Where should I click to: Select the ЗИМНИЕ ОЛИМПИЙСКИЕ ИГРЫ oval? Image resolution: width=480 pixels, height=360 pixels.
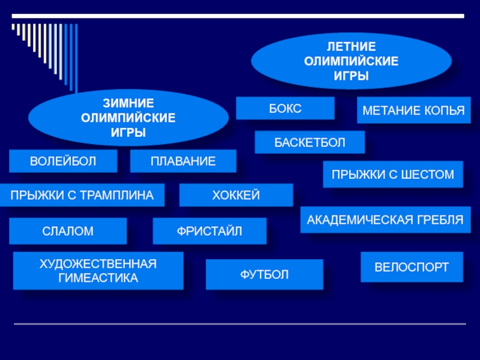click(x=128, y=118)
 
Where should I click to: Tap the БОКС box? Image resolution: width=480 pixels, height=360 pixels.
click(x=284, y=108)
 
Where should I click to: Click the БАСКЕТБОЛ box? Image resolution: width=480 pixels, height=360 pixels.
click(x=310, y=142)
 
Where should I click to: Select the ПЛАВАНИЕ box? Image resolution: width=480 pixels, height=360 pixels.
click(x=183, y=161)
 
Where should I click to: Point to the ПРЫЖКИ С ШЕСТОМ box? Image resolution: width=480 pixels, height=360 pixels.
click(x=393, y=175)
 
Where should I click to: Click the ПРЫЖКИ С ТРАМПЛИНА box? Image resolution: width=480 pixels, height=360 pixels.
click(x=82, y=195)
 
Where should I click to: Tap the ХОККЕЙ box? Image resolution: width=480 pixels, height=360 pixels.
click(x=236, y=195)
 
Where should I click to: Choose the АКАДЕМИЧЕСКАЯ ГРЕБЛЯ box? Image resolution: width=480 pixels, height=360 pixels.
click(x=385, y=220)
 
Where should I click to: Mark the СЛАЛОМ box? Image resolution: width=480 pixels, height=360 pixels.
click(x=68, y=231)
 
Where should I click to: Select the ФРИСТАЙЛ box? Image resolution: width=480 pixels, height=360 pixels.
click(x=209, y=231)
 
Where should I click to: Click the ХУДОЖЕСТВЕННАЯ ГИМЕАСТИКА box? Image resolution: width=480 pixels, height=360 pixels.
click(x=98, y=271)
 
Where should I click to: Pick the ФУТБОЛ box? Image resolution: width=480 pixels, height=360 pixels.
click(x=264, y=275)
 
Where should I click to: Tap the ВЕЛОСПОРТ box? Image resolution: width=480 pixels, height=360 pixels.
click(x=412, y=267)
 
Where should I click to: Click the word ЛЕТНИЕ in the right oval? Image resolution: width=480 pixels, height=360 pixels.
click(x=351, y=46)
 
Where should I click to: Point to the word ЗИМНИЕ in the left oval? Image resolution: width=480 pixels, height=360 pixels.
click(x=128, y=103)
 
